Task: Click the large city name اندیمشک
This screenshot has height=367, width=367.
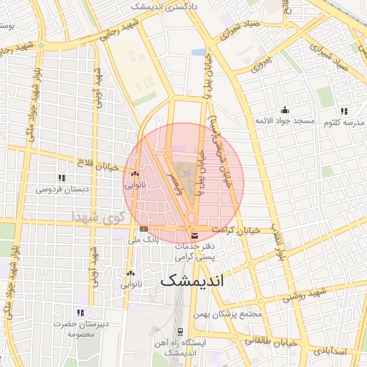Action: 192,280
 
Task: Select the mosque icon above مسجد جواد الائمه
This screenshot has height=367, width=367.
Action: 285,110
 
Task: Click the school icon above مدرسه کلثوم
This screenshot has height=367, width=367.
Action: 343,111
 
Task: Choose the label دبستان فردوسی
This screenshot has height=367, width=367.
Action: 62,190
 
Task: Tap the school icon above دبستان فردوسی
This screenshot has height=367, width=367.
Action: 62,178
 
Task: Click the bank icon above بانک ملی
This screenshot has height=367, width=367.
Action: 144,229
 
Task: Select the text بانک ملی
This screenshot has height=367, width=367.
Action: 143,240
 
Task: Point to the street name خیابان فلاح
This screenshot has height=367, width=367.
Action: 95,162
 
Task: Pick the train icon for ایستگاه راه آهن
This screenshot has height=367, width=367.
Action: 181,333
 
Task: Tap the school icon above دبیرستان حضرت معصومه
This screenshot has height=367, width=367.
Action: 80,313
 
